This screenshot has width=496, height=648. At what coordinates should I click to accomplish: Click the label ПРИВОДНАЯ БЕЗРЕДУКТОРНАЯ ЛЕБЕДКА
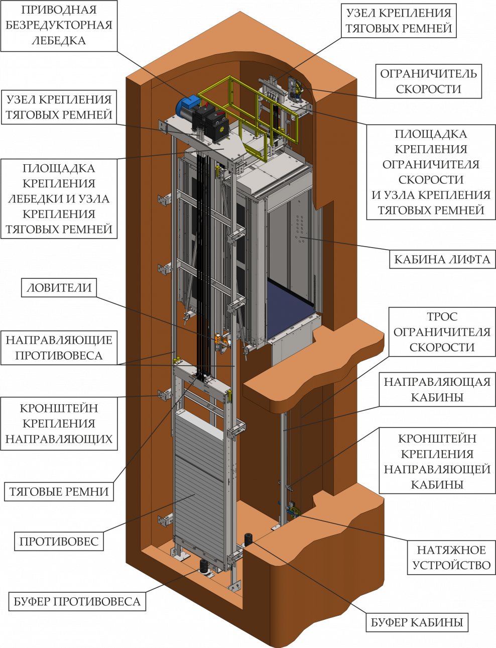click(59, 25)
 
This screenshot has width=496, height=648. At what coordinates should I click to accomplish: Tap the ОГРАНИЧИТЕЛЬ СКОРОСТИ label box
click(428, 81)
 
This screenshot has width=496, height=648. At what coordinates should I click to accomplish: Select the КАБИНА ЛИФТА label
click(442, 259)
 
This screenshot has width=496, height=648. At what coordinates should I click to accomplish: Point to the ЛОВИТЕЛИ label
click(59, 288)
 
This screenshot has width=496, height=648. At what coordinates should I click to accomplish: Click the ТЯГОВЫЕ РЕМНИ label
click(59, 491)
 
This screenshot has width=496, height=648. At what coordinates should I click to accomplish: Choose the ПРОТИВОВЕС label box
click(59, 542)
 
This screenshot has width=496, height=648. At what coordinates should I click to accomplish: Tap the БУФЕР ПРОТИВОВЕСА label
click(77, 601)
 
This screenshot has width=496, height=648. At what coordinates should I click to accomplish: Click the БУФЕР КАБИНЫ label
click(417, 623)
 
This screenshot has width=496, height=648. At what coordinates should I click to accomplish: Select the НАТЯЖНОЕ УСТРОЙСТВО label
click(451, 558)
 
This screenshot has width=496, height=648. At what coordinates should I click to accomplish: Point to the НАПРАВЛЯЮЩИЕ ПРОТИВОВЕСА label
click(59, 348)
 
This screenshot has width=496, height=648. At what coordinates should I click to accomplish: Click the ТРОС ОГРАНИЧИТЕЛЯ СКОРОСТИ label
click(442, 332)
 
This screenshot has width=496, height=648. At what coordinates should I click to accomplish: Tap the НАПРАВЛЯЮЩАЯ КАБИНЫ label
click(437, 389)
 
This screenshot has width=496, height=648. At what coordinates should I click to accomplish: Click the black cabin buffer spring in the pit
click(249, 539)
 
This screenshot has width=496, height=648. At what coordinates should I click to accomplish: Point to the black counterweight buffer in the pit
click(205, 567)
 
